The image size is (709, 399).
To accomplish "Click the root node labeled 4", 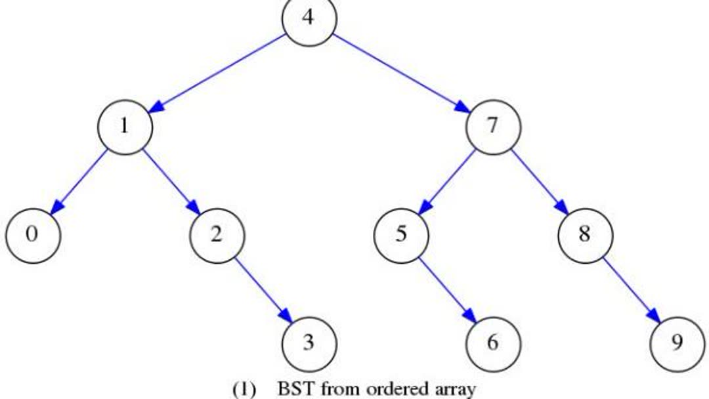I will [309, 18].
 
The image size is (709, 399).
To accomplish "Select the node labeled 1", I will [125, 126].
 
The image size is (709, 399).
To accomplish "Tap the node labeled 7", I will [493, 126].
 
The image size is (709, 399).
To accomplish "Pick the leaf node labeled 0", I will [33, 234].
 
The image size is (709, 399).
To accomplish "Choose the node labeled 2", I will [217, 234].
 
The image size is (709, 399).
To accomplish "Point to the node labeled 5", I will [401, 234].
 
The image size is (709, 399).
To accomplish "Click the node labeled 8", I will [585, 234].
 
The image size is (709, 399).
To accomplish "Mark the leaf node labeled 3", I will [309, 343].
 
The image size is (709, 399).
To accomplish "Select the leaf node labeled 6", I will [493, 343].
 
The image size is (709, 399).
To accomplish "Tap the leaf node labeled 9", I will [677, 343].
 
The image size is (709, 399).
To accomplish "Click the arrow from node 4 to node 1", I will [217, 72].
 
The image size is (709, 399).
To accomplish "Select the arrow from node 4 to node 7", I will [401, 72].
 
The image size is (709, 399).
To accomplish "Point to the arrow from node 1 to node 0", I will [79, 180].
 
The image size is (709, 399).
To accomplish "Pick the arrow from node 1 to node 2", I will [171, 180].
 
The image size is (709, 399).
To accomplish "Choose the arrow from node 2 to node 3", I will [263, 289].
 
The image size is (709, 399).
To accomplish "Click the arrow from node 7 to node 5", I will [447, 180].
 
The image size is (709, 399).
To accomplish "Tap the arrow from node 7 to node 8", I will [539, 180].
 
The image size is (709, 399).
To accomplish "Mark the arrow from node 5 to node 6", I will [447, 289].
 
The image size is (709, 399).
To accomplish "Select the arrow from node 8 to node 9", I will [631, 289].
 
